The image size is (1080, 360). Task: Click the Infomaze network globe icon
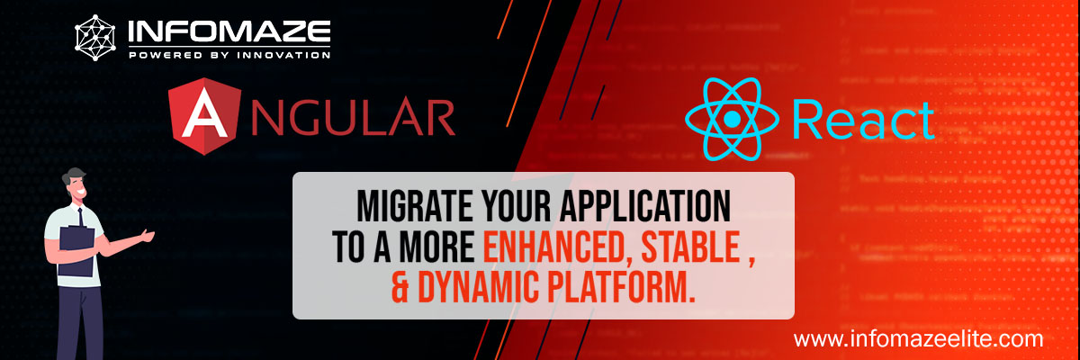click(97, 37)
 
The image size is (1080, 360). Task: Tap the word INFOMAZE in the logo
click(229, 33)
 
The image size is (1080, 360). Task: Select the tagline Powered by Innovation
click(229, 56)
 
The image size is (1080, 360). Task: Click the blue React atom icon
click(732, 119)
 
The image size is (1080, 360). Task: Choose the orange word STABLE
click(704, 247)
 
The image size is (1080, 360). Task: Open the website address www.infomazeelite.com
click(918, 340)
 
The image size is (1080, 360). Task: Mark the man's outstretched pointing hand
click(146, 237)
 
